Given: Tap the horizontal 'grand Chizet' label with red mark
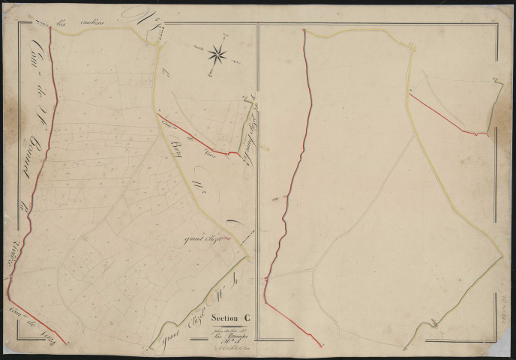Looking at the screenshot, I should (202, 240).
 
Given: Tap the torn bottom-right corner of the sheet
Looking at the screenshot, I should (507, 352).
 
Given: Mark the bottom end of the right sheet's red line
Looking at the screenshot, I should (320, 343).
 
